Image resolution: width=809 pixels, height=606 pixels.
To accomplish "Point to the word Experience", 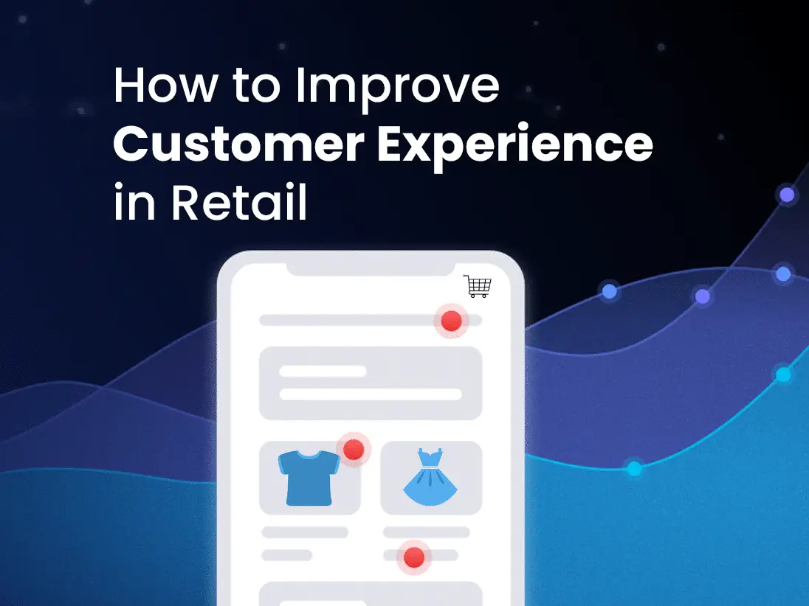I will [516, 146].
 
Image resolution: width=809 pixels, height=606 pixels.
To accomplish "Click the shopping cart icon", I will [477, 286].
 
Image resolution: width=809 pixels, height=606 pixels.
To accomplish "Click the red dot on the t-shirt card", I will [354, 450].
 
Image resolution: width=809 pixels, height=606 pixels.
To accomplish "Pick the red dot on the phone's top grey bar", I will [451, 321].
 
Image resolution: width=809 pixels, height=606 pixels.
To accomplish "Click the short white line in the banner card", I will [323, 372].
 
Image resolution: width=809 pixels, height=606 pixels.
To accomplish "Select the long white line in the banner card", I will [371, 394].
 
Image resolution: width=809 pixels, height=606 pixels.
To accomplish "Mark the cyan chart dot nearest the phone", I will [634, 468].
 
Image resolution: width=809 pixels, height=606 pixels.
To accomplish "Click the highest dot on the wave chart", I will [788, 195].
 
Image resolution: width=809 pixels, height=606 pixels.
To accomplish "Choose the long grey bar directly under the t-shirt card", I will [305, 532].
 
